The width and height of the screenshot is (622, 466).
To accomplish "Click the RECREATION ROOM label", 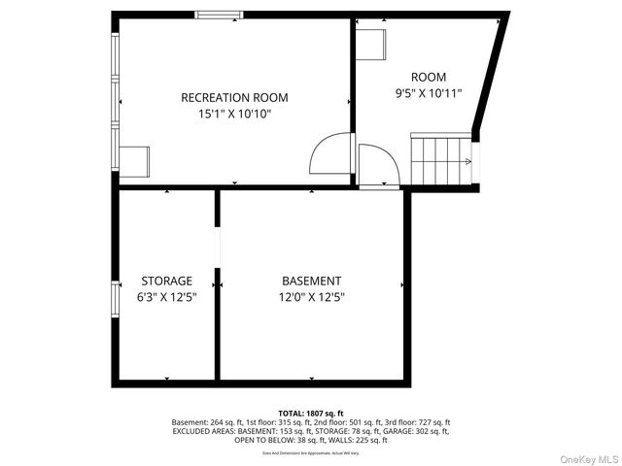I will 234,98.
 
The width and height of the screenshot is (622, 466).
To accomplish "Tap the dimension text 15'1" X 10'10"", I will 234,115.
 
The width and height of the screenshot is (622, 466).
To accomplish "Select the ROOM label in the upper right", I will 429,78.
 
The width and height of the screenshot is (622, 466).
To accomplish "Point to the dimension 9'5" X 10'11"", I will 429,94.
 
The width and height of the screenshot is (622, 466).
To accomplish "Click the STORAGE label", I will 167,282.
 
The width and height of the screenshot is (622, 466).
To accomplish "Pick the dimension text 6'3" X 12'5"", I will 167,298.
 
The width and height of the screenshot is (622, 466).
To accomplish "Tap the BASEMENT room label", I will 311,282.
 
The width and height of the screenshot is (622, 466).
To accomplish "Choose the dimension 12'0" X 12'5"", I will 311,298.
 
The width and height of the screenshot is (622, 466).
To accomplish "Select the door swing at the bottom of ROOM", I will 377,166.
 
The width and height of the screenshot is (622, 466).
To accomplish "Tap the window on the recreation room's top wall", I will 219,15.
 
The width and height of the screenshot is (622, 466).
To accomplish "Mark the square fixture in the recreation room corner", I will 134,160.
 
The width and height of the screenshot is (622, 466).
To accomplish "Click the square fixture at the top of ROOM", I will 371,44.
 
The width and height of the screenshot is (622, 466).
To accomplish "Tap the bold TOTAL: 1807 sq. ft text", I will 311,413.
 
